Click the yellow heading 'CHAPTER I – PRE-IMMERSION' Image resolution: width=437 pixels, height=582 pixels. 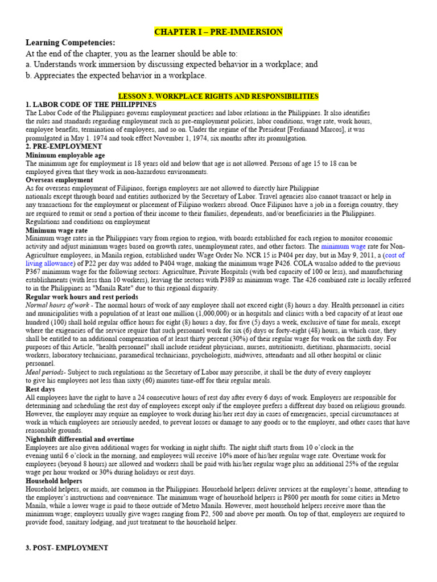tap(219, 31)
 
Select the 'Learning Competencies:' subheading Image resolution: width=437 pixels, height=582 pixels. tap(70, 43)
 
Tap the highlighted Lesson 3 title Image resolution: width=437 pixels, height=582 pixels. tap(218, 97)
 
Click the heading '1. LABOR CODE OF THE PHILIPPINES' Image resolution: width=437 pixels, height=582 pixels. tap(91, 105)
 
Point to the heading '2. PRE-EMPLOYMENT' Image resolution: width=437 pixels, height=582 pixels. tap(63, 146)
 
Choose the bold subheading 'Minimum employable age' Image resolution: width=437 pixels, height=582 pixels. tap(65, 155)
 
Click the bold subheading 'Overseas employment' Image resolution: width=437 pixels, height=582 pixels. tap(59, 180)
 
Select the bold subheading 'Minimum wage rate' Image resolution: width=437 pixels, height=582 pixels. tap(56, 230)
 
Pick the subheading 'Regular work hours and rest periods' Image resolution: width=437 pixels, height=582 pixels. tap(82, 297)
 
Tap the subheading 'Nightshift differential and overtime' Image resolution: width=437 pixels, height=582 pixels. tap(80, 439)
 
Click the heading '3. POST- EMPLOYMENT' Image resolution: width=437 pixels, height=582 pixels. tap(67, 548)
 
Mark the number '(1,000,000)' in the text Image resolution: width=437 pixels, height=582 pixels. tap(184, 314)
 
